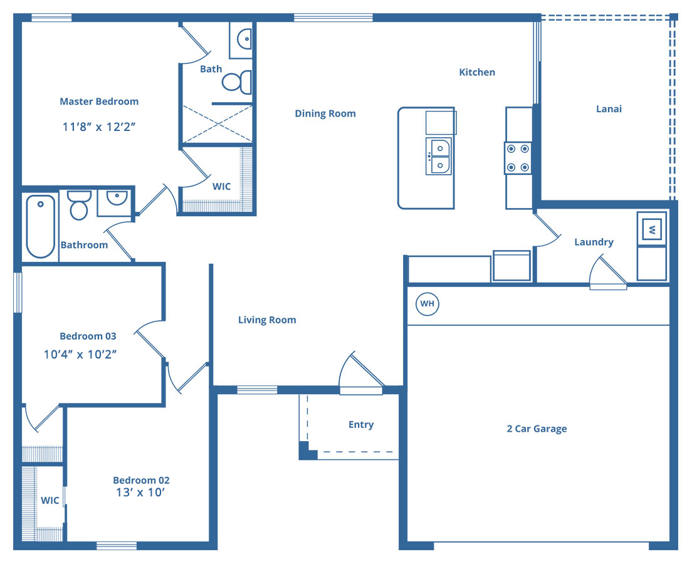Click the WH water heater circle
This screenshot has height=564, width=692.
[427, 304]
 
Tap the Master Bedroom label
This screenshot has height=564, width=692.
[99, 102]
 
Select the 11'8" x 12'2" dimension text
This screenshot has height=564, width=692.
[99, 127]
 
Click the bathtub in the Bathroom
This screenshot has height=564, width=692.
[41, 226]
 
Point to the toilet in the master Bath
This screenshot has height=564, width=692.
[237, 82]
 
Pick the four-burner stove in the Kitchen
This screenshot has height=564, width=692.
[518, 158]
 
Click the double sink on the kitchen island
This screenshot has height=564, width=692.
[438, 156]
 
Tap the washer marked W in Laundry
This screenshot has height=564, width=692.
[652, 229]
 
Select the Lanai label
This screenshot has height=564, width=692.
[609, 109]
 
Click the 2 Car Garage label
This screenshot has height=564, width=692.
[537, 429]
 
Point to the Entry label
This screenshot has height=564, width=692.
[361, 424]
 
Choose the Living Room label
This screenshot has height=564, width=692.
[267, 320]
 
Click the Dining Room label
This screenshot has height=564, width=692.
[325, 113]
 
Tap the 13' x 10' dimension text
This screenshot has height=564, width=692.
[140, 493]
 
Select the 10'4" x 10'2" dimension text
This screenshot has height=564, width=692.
[80, 354]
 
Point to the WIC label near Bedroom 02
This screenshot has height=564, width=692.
[50, 501]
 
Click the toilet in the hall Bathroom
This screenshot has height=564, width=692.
[80, 205]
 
